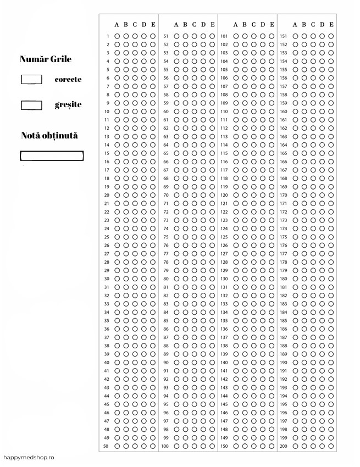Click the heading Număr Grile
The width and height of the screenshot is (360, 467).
coord(46,59)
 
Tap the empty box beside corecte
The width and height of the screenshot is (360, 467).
coord(31,79)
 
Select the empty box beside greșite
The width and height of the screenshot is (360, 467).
coord(31,105)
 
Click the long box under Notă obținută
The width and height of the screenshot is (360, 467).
coord(52,155)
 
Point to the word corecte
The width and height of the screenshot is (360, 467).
coord(68,79)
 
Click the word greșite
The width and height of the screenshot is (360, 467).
coord(68,105)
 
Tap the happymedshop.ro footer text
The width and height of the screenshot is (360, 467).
coord(29,457)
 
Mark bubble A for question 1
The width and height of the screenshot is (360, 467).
coord(117,36)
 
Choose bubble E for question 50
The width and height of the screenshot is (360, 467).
coord(153,446)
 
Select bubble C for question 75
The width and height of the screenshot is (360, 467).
coord(194,237)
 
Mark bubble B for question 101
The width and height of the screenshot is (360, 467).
coord(245,36)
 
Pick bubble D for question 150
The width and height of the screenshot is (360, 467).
coord(262,446)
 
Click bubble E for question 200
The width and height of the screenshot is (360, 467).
coord(331,446)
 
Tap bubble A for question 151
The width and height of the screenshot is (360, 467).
coord(295,36)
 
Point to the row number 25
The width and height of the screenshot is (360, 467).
coord(107,237)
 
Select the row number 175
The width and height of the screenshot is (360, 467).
coord(284,237)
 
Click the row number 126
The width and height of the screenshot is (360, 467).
coord(224,245)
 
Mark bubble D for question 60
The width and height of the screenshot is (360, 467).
coord(203,112)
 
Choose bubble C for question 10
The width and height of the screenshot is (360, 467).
coord(135,112)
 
